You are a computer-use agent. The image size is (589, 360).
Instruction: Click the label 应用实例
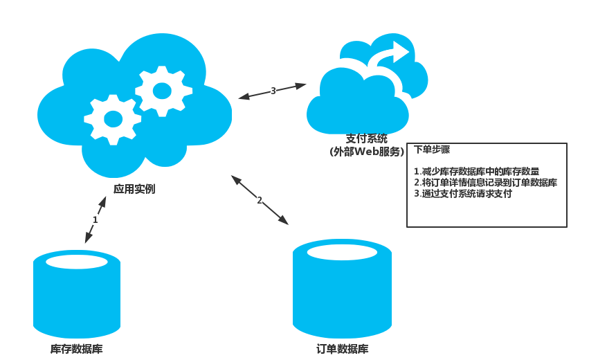(134, 189)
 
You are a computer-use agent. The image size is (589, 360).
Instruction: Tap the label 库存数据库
(77, 349)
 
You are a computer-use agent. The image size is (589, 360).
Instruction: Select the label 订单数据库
(342, 349)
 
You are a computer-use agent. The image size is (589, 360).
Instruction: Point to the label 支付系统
(367, 138)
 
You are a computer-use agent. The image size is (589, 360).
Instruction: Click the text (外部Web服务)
(367, 152)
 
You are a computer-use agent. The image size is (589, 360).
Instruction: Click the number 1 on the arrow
(96, 219)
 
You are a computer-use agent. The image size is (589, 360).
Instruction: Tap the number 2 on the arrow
(260, 200)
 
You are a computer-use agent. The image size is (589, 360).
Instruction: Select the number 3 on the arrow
(273, 90)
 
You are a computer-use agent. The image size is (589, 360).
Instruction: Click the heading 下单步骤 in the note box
(433, 150)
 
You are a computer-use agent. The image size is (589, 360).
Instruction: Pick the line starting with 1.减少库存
(476, 172)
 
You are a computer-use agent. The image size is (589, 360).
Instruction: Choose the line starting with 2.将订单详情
(485, 183)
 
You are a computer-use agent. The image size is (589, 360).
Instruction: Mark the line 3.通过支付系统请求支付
(463, 194)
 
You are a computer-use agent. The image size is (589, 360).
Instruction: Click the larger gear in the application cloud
(113, 119)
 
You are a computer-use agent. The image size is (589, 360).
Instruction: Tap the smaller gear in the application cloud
(163, 91)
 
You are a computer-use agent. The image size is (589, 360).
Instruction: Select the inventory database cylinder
(77, 298)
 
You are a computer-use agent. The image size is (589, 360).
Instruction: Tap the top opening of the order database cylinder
(342, 252)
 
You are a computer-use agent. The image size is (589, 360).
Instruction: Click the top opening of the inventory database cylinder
(77, 262)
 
